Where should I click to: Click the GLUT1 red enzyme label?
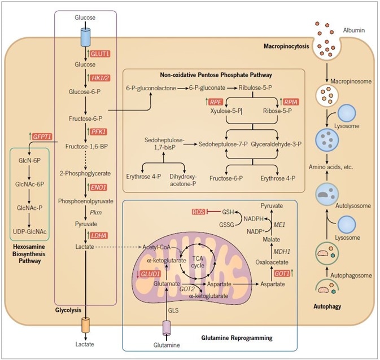[x=99, y=54]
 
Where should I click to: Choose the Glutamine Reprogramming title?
[x=237, y=337]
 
